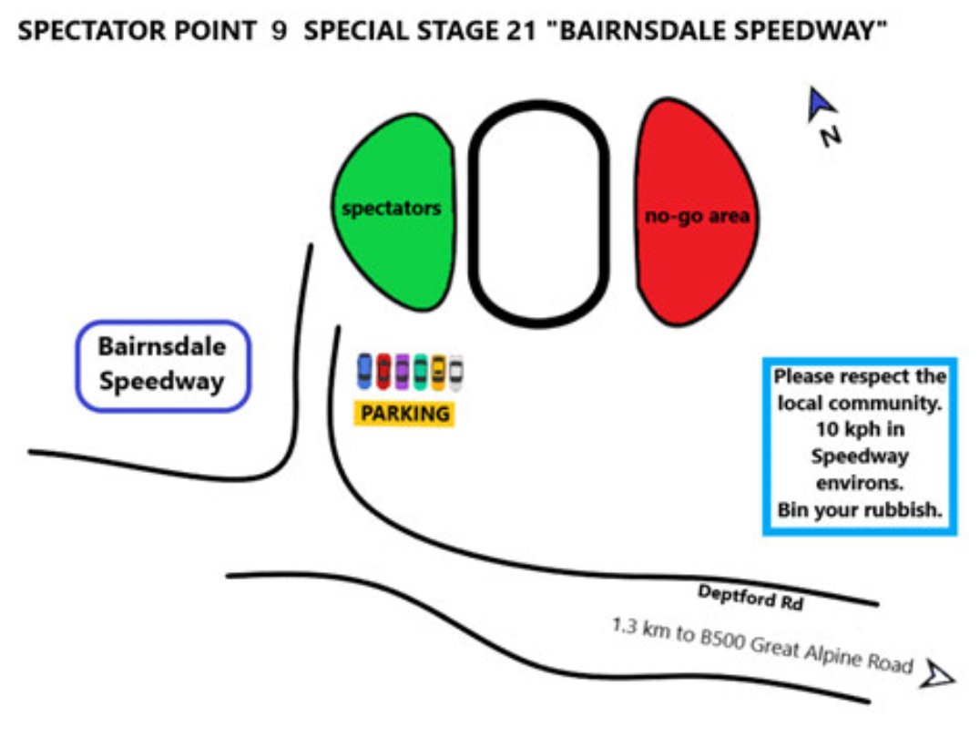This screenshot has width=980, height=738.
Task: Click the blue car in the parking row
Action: [x=364, y=371]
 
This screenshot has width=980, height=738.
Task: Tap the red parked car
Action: [x=383, y=371]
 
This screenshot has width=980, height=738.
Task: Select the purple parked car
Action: [x=402, y=371]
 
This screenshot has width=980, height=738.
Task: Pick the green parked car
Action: [x=420, y=371]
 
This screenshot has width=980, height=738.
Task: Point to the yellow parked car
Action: [x=438, y=371]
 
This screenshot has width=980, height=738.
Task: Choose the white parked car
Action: [x=455, y=371]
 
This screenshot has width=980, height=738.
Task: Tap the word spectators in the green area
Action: [x=391, y=208]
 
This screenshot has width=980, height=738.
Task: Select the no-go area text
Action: [x=697, y=216]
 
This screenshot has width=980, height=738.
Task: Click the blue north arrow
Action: [x=821, y=104]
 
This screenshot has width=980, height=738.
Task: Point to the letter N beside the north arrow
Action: [x=831, y=137]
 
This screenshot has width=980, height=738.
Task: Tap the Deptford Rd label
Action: [x=750, y=598]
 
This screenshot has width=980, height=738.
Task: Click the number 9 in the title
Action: [x=280, y=31]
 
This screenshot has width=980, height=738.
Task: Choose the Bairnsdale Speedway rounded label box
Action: [x=162, y=364]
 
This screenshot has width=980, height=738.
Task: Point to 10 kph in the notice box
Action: [x=860, y=429]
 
